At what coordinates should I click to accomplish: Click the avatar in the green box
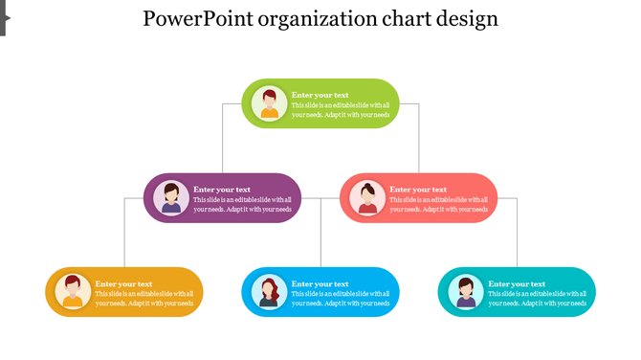270,103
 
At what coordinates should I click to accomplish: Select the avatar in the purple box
171,198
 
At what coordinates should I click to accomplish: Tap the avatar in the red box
367,198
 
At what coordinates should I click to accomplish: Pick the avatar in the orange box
73,292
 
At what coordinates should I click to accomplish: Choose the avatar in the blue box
270,292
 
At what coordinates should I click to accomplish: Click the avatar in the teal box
466,292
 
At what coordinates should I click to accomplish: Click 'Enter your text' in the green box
320,95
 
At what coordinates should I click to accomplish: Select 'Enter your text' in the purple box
222,190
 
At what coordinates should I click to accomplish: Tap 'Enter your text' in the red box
418,190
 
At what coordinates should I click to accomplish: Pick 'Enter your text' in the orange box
123,283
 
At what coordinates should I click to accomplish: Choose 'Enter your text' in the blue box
320,283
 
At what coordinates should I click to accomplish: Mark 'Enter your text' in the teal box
517,283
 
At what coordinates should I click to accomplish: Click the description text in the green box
341,109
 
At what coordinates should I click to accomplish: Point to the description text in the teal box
537,299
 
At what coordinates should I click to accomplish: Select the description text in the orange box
144,299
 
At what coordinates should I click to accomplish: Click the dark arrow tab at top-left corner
3,17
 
